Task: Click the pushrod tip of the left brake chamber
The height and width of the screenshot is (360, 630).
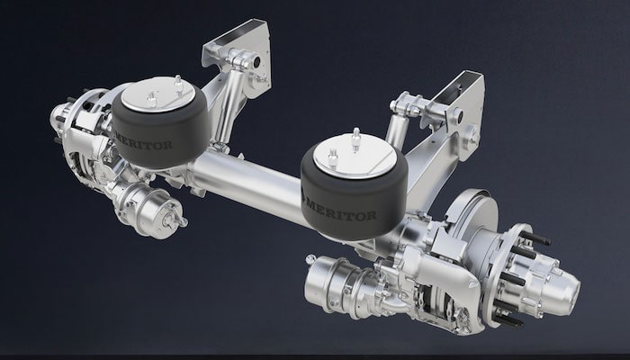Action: click(x=184, y=221)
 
